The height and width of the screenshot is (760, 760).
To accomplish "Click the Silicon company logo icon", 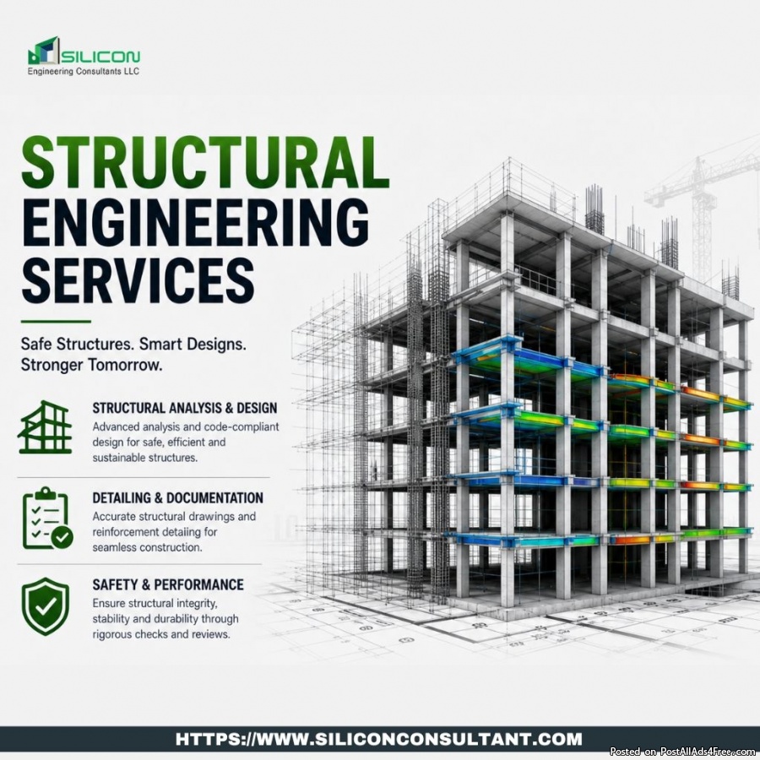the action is click(44, 51).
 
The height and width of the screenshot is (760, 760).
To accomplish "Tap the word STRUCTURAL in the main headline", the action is click(205, 162).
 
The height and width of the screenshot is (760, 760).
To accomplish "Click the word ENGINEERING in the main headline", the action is click(195, 222).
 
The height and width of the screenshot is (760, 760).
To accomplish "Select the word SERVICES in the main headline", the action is click(138, 280).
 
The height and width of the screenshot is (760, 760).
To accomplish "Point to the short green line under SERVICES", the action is click(56, 322).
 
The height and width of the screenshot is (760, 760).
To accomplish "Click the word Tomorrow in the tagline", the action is click(125, 365).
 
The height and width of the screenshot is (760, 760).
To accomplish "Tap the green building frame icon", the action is click(45, 427).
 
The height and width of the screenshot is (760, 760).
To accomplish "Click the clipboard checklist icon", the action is click(47, 518).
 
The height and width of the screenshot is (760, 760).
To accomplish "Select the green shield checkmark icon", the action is click(46, 605).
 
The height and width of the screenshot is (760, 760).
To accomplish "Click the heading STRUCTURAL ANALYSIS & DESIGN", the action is click(185, 408).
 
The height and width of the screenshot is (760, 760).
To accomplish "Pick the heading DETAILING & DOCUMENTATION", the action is click(178, 497).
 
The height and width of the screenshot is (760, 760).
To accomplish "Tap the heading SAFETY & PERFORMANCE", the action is click(168, 584).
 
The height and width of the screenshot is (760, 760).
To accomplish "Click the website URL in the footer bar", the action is click(379, 739).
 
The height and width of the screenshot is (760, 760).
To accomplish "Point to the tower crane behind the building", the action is click(703, 204).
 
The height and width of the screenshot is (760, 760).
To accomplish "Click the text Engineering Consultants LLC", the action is click(84, 71).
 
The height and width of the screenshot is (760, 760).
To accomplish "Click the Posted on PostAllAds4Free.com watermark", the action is click(683, 752).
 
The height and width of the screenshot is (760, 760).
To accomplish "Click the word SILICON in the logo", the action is click(100, 57).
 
